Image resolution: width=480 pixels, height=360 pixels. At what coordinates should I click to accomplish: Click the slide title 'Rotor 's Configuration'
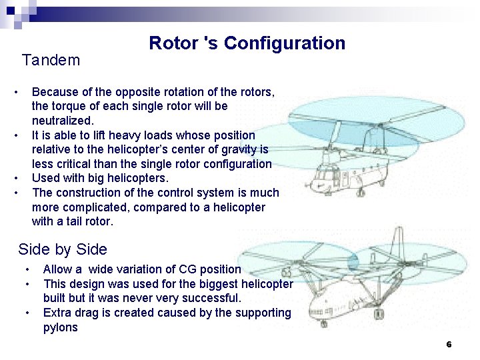[x=247, y=43]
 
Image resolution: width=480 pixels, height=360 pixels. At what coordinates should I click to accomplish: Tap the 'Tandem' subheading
[x=51, y=61]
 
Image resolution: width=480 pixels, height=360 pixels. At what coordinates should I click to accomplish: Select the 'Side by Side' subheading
[x=63, y=250]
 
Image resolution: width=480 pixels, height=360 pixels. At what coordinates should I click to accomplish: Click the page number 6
[x=449, y=345]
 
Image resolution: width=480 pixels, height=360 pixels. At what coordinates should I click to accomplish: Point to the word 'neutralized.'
[x=63, y=121]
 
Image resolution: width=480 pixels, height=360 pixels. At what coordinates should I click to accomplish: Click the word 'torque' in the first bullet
[x=70, y=106]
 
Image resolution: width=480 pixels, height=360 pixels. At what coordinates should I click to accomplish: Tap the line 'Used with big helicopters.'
[x=100, y=178]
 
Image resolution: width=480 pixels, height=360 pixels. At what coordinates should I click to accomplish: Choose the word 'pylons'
[x=60, y=327]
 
